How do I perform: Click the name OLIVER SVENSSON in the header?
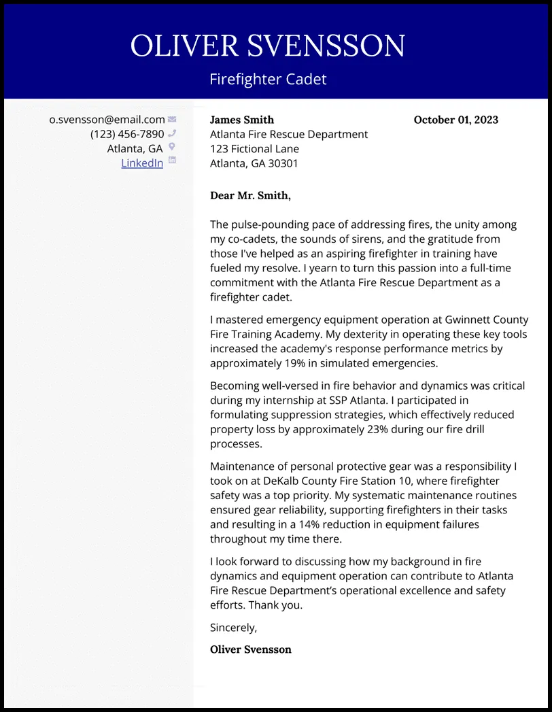pos(268,46)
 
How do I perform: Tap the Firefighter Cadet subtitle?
pos(268,79)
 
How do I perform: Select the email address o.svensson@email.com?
pos(107,120)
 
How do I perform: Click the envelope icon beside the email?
pos(172,120)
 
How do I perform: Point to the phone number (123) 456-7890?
pos(127,134)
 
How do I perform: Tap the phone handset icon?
pos(172,133)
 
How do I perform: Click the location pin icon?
pos(172,147)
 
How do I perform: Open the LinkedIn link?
pos(142,163)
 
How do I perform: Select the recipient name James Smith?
pos(242,120)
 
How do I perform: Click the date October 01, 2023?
pos(455,120)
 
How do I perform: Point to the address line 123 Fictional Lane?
pos(254,149)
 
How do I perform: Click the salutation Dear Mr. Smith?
pos(250,196)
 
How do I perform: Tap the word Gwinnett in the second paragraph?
pos(468,320)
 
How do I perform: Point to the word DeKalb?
pos(296,481)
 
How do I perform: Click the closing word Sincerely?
pos(233,628)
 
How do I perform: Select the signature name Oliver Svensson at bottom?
pos(250,649)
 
